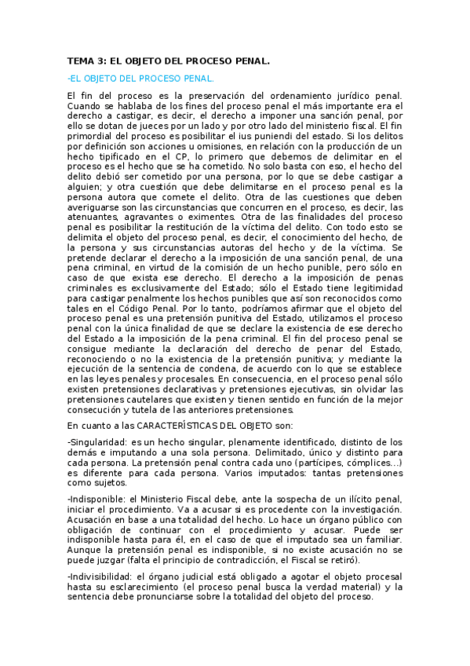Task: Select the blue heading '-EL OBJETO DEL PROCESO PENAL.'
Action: [x=140, y=79]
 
